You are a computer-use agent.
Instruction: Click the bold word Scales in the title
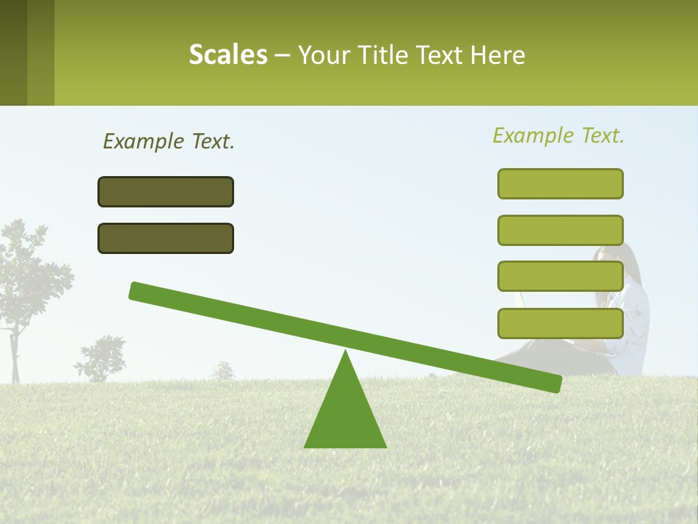[x=228, y=55]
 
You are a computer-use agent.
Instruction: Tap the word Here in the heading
[x=498, y=55]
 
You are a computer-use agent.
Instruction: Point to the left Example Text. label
[x=169, y=141]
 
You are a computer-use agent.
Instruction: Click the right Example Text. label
[x=558, y=135]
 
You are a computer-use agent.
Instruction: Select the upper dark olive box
[x=166, y=191]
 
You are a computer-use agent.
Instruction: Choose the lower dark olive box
[x=166, y=238]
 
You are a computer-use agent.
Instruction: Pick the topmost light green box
[x=561, y=183]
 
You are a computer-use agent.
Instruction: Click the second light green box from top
[x=561, y=230]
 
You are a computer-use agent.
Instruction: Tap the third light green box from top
[x=561, y=277]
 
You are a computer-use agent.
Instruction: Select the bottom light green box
[x=561, y=323]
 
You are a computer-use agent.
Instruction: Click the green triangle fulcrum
[x=345, y=415]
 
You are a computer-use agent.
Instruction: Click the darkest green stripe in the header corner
[x=13, y=52]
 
